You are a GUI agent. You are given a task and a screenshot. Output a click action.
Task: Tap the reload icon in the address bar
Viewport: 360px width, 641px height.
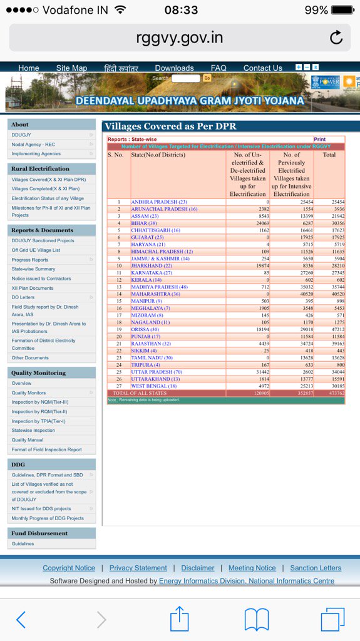point(336,38)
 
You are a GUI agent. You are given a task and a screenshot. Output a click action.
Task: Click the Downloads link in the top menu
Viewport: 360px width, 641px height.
point(174,68)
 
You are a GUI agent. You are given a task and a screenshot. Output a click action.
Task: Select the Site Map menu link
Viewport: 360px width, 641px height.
point(71,68)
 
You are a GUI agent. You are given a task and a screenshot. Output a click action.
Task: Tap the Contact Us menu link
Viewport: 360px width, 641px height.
point(262,68)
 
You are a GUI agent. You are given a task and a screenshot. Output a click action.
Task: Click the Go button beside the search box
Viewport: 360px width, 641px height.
point(207,78)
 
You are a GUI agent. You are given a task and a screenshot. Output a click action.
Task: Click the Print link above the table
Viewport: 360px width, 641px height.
point(319,140)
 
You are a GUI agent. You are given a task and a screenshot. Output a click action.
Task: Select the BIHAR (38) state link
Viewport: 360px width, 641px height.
point(144,223)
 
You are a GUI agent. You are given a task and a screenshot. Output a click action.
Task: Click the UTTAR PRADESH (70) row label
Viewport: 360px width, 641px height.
point(157,372)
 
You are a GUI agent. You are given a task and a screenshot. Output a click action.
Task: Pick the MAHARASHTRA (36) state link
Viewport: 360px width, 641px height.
point(155,294)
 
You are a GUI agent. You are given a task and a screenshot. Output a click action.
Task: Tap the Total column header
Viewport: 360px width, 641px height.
point(329,155)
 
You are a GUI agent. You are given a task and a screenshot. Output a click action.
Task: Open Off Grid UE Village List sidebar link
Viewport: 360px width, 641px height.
point(36,250)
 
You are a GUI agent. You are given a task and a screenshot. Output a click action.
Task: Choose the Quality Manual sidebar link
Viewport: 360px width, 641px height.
point(28,440)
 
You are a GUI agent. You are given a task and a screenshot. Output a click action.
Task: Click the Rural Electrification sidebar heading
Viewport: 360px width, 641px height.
point(40,169)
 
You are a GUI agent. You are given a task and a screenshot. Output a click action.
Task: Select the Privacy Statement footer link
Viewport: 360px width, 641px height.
point(138,568)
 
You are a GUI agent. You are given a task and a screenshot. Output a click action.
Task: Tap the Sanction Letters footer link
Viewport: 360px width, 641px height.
point(316,568)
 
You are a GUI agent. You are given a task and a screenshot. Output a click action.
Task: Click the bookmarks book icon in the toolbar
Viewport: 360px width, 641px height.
point(257,620)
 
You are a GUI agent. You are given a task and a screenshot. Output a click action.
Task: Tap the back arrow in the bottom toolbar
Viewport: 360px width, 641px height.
point(21,620)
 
